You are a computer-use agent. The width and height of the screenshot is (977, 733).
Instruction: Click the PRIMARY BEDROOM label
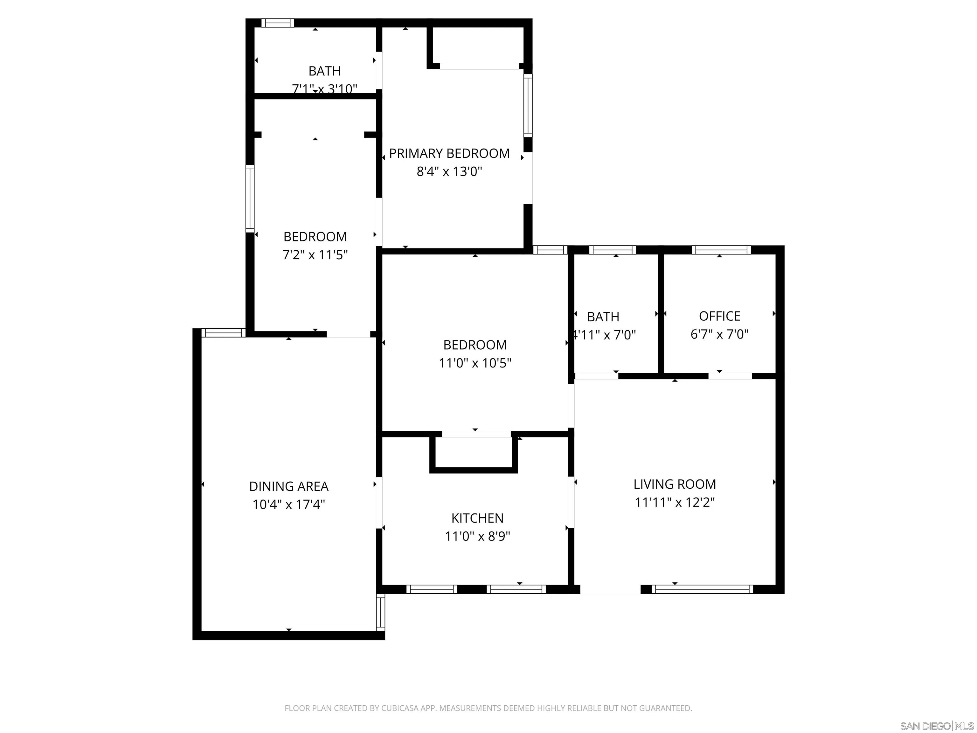pyautogui.click(x=449, y=153)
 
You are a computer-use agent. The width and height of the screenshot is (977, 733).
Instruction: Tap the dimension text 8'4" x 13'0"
pyautogui.click(x=449, y=171)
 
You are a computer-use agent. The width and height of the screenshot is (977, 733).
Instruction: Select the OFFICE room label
pyautogui.click(x=719, y=316)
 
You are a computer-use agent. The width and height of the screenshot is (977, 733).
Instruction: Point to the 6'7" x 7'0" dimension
pyautogui.click(x=719, y=334)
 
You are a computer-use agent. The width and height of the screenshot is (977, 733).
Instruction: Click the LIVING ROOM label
pyautogui.click(x=675, y=484)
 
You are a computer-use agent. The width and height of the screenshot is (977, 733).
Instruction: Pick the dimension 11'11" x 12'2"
pyautogui.click(x=675, y=502)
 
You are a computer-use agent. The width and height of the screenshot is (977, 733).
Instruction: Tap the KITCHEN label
pyautogui.click(x=477, y=518)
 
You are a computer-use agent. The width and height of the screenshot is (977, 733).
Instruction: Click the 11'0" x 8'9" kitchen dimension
pyautogui.click(x=477, y=536)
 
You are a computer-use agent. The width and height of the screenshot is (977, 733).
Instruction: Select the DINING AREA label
pyautogui.click(x=288, y=486)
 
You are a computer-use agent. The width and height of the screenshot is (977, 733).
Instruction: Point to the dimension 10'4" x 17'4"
pyautogui.click(x=288, y=505)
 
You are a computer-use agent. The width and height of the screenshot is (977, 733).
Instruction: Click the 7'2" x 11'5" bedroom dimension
pyautogui.click(x=315, y=255)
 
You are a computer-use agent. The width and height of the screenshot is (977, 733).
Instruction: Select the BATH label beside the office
pyautogui.click(x=603, y=317)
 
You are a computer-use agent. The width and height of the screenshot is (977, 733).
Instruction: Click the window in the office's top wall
pyautogui.click(x=721, y=250)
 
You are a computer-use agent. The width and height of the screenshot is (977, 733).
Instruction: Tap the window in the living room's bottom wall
pyautogui.click(x=702, y=589)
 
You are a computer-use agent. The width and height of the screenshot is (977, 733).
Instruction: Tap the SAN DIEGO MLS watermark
pyautogui.click(x=936, y=726)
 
